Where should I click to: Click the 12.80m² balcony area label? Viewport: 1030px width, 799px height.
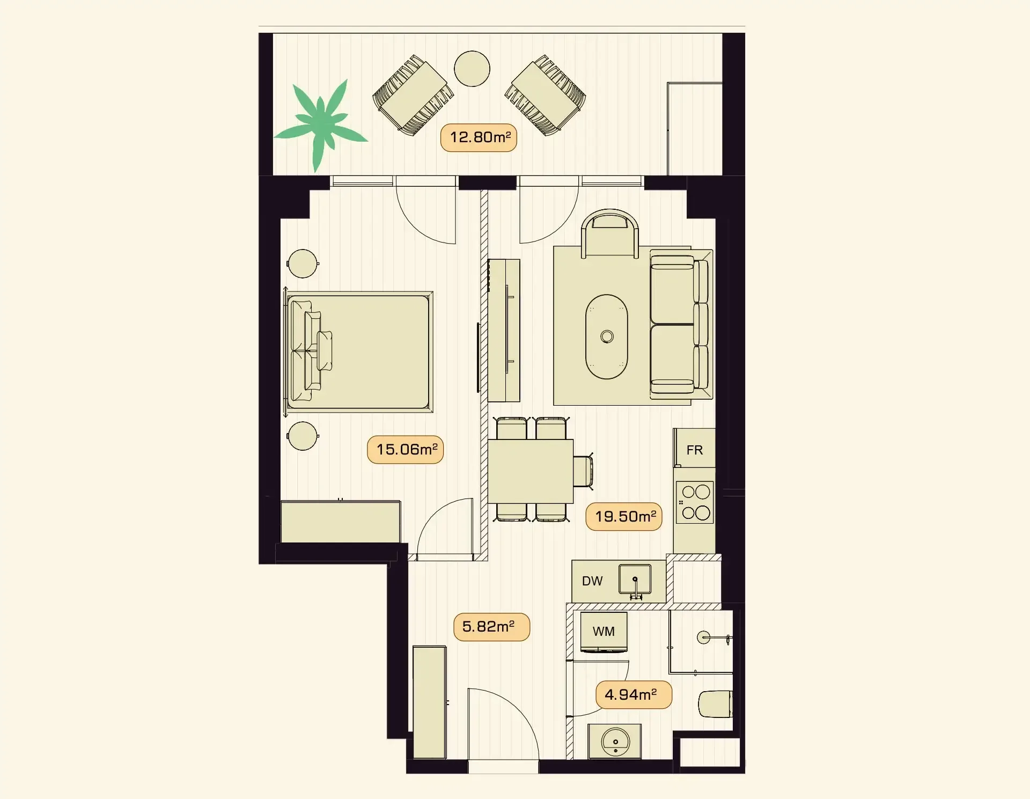tap(479, 138)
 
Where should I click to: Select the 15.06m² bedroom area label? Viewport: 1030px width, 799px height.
tap(406, 450)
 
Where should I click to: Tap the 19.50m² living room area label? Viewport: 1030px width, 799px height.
tap(624, 517)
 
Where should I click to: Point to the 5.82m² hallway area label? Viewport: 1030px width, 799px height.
tap(492, 627)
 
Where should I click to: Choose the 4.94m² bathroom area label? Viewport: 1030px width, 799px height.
tap(634, 695)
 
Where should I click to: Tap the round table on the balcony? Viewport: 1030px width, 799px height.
tap(472, 69)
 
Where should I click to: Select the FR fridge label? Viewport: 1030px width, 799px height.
tap(695, 450)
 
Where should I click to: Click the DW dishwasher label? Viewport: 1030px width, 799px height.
tap(592, 581)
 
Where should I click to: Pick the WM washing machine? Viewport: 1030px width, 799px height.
tap(604, 632)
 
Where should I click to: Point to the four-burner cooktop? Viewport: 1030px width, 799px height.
tap(695, 502)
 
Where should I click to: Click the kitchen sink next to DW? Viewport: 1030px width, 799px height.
tap(635, 580)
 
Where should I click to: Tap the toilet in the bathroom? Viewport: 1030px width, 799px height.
tap(715, 704)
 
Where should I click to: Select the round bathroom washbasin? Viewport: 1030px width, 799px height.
tap(615, 742)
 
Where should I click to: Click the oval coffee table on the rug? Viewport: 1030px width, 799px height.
tap(607, 336)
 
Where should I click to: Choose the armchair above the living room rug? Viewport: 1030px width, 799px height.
tap(610, 234)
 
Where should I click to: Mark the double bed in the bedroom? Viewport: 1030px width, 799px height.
tap(358, 352)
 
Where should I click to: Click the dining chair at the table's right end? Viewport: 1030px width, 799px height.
tap(583, 471)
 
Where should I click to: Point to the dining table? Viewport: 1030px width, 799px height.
tap(531, 471)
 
